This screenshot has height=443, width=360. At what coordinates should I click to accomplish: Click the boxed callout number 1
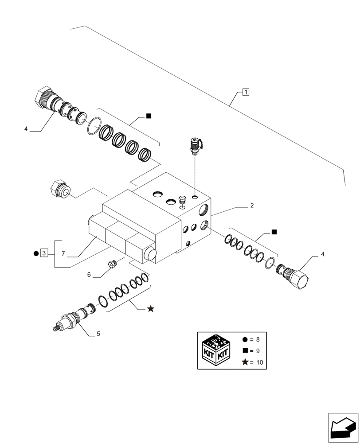point(246,92)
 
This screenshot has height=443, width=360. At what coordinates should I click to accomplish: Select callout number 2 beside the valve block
point(251,205)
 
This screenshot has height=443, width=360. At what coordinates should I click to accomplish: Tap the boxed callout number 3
point(43,253)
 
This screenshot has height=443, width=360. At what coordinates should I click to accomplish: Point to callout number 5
point(98,334)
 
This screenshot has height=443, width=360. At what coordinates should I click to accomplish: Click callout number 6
point(89,275)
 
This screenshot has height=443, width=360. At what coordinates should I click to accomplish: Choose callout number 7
point(63,254)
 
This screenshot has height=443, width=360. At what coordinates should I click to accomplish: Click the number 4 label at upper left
point(26,129)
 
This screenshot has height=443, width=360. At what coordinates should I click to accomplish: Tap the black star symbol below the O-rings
point(151,309)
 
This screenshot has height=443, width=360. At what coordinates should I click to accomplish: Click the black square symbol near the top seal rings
point(149,117)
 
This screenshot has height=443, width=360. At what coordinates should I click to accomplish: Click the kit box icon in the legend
point(215,350)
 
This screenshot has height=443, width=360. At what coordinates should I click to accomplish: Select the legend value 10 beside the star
point(259,363)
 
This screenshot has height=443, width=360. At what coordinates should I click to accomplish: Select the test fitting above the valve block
point(195,146)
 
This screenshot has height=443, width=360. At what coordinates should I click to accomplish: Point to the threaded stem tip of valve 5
point(55,328)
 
